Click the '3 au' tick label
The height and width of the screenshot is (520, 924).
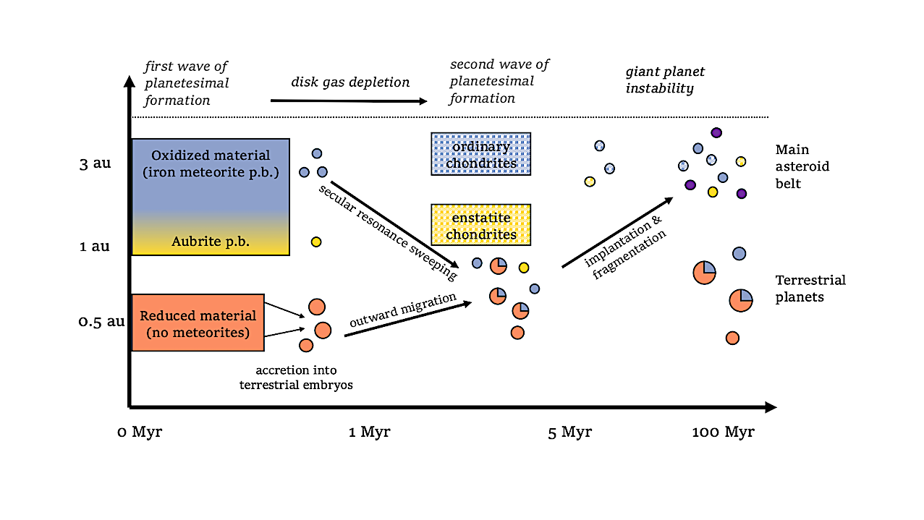[95, 163]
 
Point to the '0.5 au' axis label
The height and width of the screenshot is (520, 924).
[101, 321]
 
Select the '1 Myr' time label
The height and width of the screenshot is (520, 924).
[369, 432]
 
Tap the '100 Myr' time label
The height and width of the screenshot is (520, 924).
[723, 432]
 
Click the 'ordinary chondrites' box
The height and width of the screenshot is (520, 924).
[480, 154]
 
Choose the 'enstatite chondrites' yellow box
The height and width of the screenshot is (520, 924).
[480, 225]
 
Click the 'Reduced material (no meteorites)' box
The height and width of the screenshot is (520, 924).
[198, 323]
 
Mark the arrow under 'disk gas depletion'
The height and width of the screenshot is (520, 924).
[347, 101]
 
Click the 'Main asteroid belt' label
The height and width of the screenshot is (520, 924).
[802, 166]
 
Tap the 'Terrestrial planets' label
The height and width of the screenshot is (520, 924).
[810, 288]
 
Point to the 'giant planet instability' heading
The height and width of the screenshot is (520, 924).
[664, 80]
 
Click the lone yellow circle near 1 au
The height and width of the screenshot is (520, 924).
[315, 242]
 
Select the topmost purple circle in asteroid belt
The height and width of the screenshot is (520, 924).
[716, 132]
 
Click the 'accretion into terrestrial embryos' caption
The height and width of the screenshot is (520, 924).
[296, 378]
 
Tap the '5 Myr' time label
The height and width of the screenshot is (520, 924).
[569, 432]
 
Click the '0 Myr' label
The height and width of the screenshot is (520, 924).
[140, 432]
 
